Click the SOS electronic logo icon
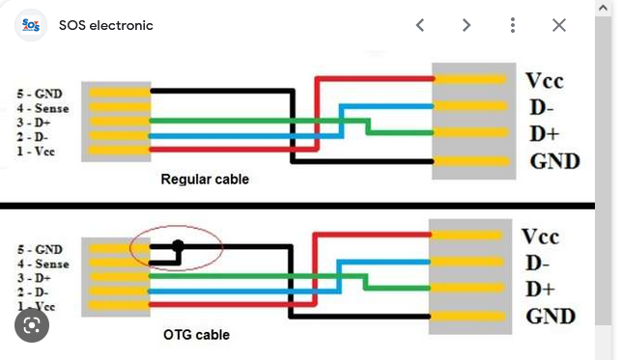coord(31,25)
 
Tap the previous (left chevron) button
coord(420,25)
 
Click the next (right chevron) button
coord(466,25)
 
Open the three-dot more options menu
coord(513,25)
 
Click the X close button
coord(559,25)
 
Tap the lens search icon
coord(32,325)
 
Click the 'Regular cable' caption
coord(205,180)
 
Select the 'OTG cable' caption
coord(196,335)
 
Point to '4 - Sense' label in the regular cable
coord(42,108)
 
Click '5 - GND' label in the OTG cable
coord(40,250)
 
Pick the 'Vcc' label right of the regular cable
coord(545,81)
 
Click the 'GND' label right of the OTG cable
coord(550,317)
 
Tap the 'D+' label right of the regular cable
coord(545,134)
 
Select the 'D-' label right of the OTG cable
coord(537,263)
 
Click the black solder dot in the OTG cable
coord(178,245)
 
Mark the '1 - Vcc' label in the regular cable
coord(36,152)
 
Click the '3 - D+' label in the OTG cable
coord(34,278)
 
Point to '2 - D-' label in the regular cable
coord(33,137)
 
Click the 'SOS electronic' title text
coord(105,25)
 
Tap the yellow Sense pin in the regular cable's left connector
coord(119,107)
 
